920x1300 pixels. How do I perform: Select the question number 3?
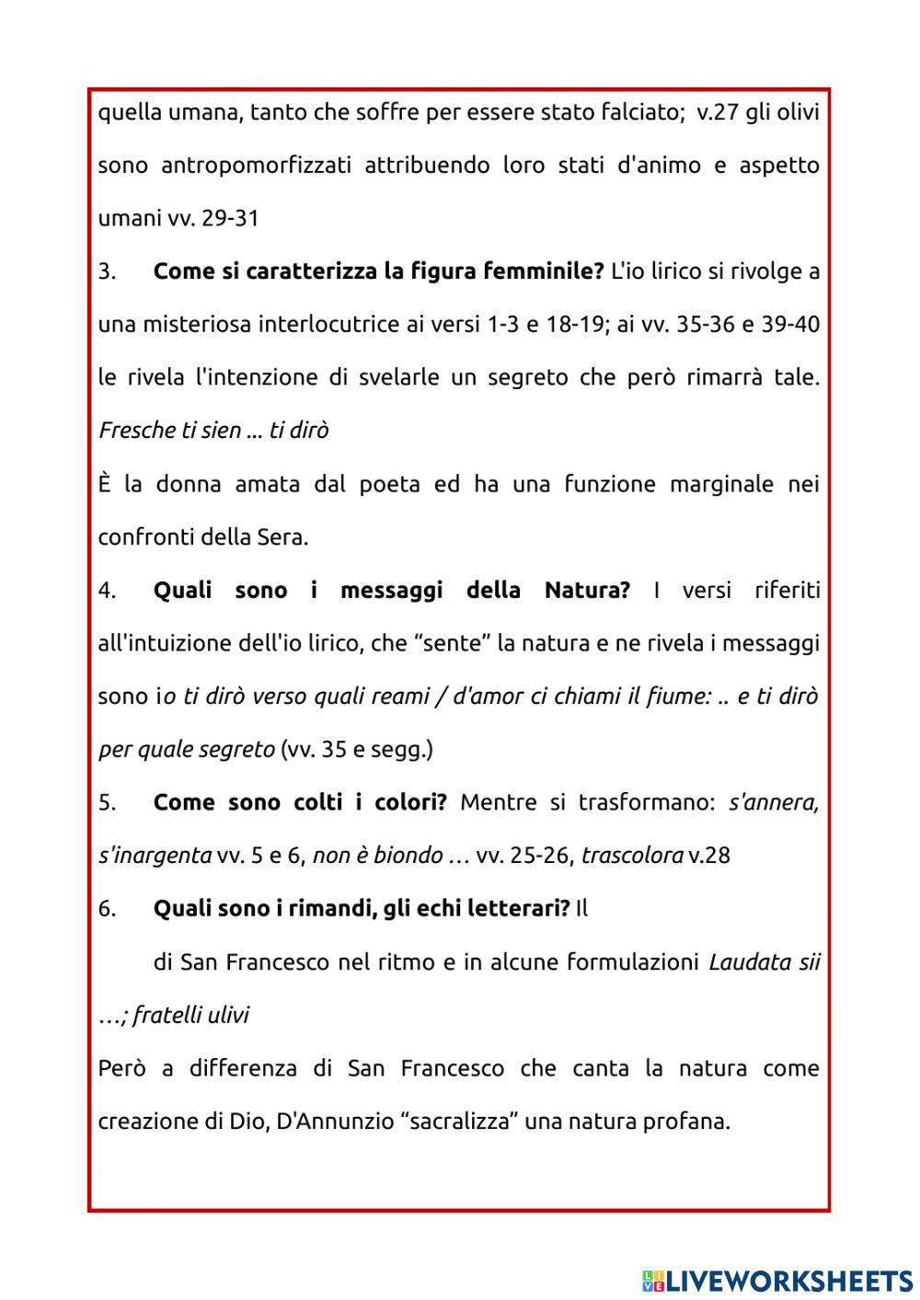(x=107, y=271)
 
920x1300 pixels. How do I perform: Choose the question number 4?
(x=107, y=590)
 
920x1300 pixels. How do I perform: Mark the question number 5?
(x=107, y=802)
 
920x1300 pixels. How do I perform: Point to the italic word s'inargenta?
(x=155, y=856)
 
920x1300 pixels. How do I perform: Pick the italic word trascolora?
(x=632, y=856)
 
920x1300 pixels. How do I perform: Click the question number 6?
(x=107, y=909)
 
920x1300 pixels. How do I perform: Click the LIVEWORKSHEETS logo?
(x=777, y=1280)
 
